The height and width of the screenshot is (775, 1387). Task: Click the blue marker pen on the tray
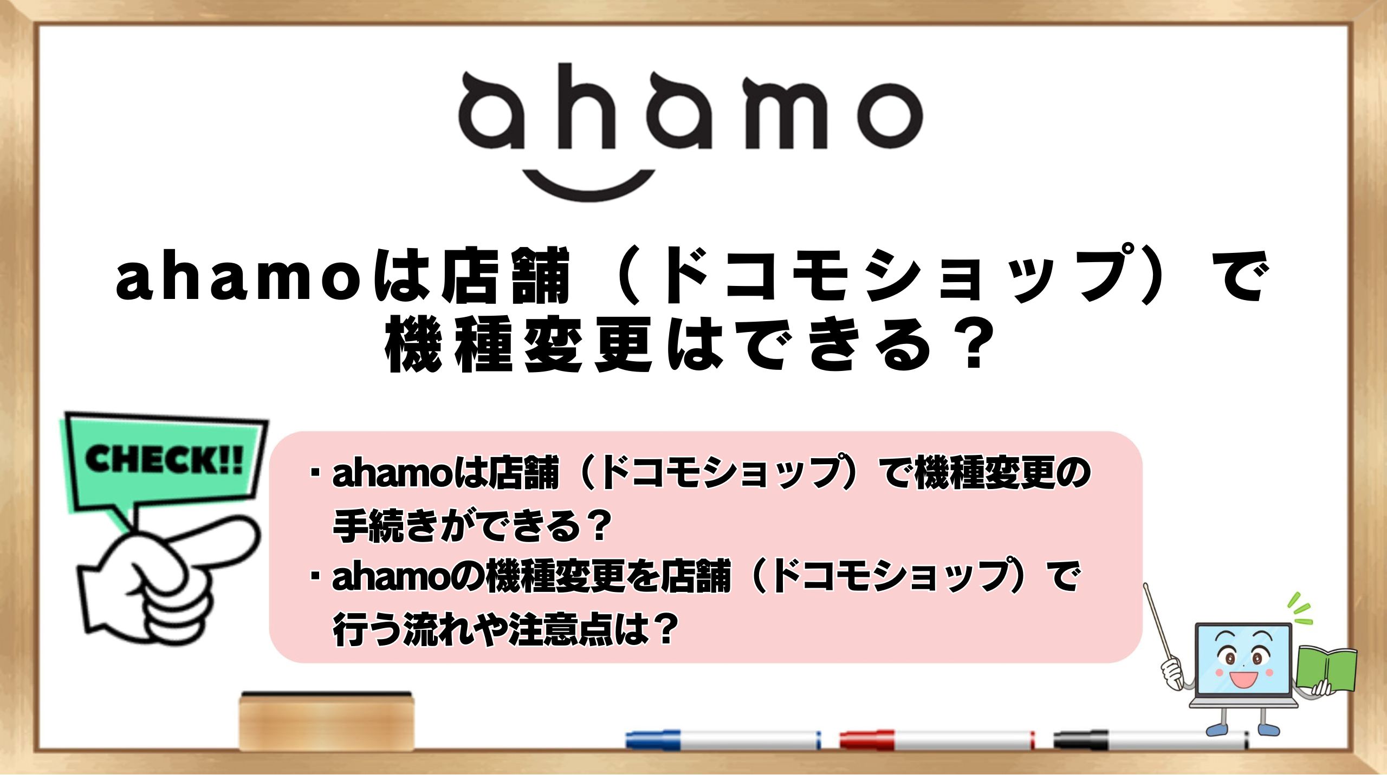[723, 740]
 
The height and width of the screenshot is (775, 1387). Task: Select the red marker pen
[937, 740]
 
